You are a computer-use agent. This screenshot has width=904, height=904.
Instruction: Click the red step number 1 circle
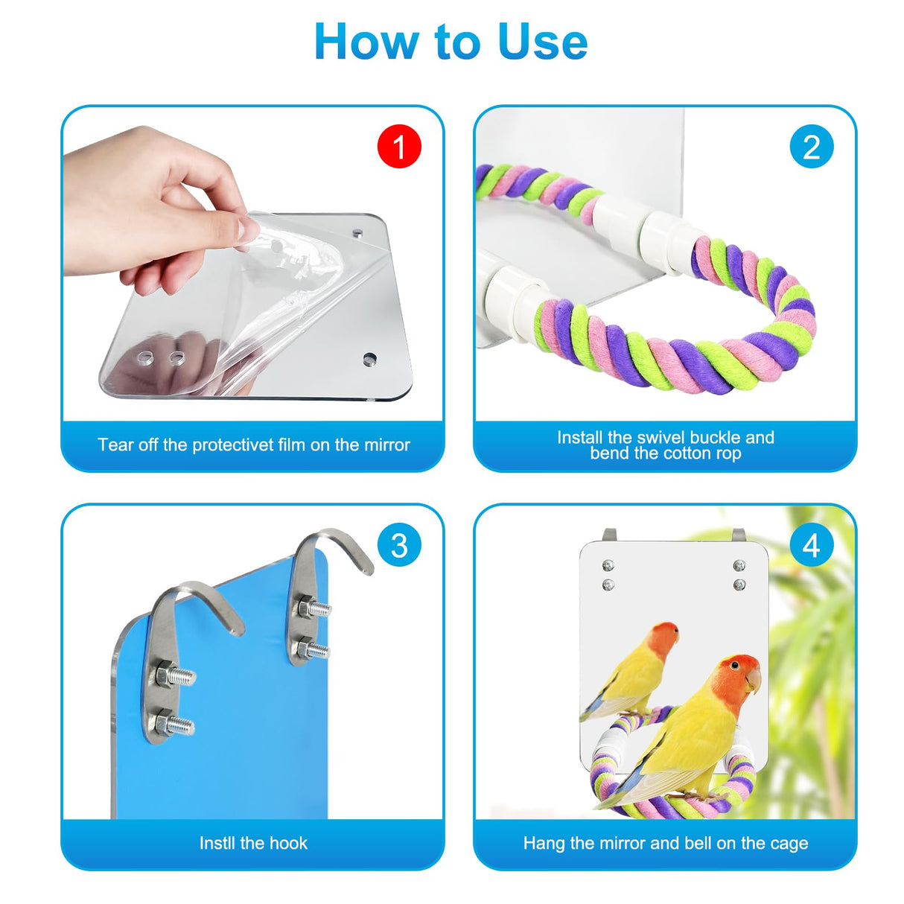pos(399,146)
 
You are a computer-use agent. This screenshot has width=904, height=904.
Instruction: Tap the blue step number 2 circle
pos(811,147)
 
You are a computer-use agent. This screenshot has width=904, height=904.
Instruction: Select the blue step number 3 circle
pos(399,545)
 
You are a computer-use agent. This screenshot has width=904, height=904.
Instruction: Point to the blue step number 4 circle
pos(811,545)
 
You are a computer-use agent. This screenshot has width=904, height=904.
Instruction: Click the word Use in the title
pos(542,42)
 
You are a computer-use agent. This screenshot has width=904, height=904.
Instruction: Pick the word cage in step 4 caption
pos(789,844)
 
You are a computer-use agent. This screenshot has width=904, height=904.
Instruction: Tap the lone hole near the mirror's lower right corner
pos(369,360)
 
